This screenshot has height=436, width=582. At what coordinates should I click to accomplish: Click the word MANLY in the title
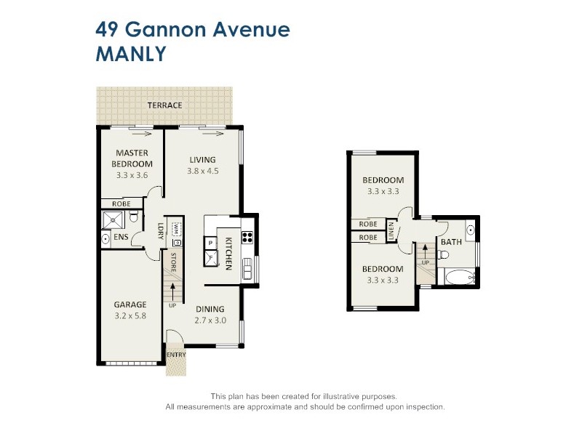132,54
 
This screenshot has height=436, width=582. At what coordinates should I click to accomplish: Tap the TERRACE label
164,105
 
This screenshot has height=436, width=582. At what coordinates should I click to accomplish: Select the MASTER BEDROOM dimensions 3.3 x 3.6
131,175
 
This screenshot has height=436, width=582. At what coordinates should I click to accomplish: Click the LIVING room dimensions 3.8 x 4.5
203,171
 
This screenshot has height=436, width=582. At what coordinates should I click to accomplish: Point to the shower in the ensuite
112,220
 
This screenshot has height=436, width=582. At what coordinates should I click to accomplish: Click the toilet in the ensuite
106,238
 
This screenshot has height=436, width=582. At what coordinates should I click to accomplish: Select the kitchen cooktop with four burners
247,236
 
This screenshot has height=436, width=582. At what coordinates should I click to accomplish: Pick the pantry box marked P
210,242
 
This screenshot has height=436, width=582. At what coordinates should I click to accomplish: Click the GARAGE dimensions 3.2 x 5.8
130,315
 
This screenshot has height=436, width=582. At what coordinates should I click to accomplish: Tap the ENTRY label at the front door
176,355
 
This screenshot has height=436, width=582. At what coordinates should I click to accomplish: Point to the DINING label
209,308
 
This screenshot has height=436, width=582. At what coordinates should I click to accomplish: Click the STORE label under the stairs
173,261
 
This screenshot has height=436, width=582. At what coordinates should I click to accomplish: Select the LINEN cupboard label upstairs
391,230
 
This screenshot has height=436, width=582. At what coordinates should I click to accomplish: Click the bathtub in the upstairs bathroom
457,277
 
